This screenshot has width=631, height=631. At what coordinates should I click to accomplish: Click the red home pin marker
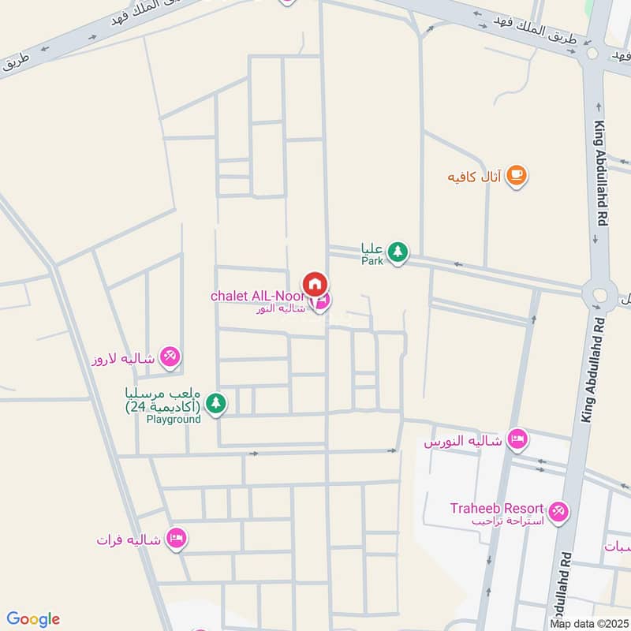click(x=314, y=282)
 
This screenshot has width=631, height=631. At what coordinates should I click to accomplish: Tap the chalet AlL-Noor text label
click(x=255, y=296)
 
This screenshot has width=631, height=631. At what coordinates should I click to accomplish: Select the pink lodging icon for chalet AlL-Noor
click(x=321, y=301)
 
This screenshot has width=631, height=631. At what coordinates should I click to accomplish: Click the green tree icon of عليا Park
click(x=398, y=252)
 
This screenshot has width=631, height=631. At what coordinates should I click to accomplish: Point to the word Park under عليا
click(x=372, y=260)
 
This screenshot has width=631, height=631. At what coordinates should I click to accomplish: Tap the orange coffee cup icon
click(x=517, y=176)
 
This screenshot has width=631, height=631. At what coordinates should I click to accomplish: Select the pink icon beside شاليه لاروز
click(x=170, y=357)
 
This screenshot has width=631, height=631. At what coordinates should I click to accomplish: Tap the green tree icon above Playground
click(x=215, y=404)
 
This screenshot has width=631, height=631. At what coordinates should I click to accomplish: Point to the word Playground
click(x=174, y=419)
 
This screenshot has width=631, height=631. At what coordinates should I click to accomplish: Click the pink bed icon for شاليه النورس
click(x=517, y=438)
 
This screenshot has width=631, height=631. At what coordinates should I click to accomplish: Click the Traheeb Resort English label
click(x=499, y=509)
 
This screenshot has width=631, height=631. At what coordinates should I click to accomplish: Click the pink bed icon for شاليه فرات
click(x=177, y=538)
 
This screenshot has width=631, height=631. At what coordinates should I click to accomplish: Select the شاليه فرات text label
click(x=129, y=540)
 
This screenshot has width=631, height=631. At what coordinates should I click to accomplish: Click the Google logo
click(x=32, y=619)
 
